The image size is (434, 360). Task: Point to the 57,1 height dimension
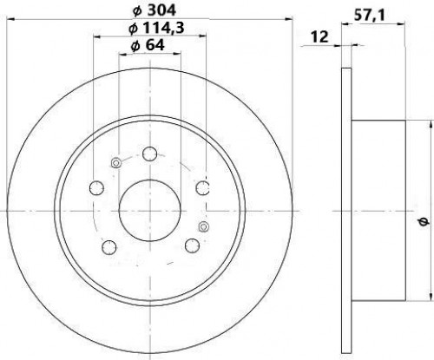point(370,16)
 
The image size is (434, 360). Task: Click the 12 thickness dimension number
point(319,37)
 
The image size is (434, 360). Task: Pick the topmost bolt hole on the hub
point(150,154)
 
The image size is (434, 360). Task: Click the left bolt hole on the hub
point(96,187)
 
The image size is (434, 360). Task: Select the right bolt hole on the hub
point(203,188)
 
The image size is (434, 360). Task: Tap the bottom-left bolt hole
point(109,247)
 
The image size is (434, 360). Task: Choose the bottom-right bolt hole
point(192,245)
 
